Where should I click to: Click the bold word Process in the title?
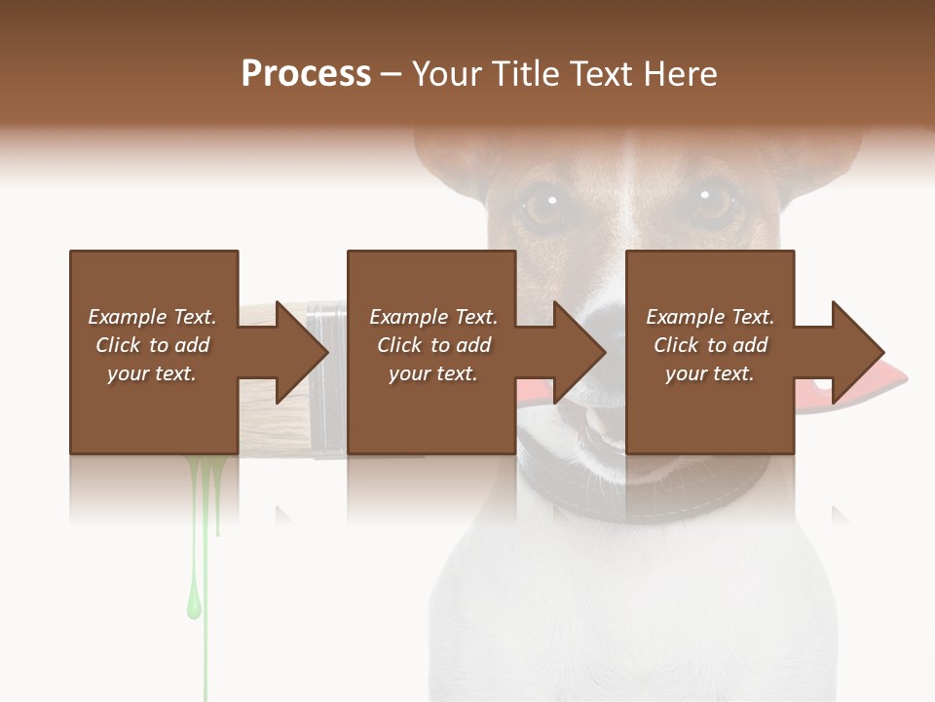point(306,74)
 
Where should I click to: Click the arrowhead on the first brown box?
point(296,352)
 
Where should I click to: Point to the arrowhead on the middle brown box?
point(575,352)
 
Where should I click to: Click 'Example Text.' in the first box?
point(152,317)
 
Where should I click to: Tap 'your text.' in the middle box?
point(432,373)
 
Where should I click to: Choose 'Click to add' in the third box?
point(710,345)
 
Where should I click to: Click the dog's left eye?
point(540,206)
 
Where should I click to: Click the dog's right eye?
point(712,204)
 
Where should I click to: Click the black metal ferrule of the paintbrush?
point(326,429)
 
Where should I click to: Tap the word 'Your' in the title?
point(445,74)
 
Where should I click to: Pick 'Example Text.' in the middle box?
point(432,317)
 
